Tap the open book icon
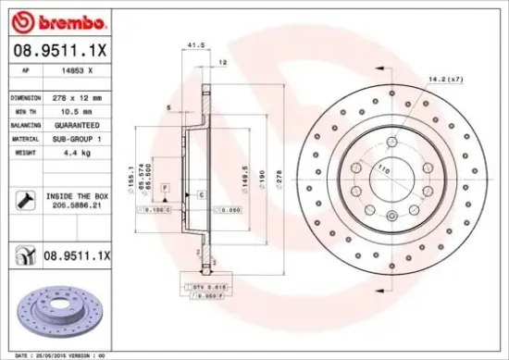24,254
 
